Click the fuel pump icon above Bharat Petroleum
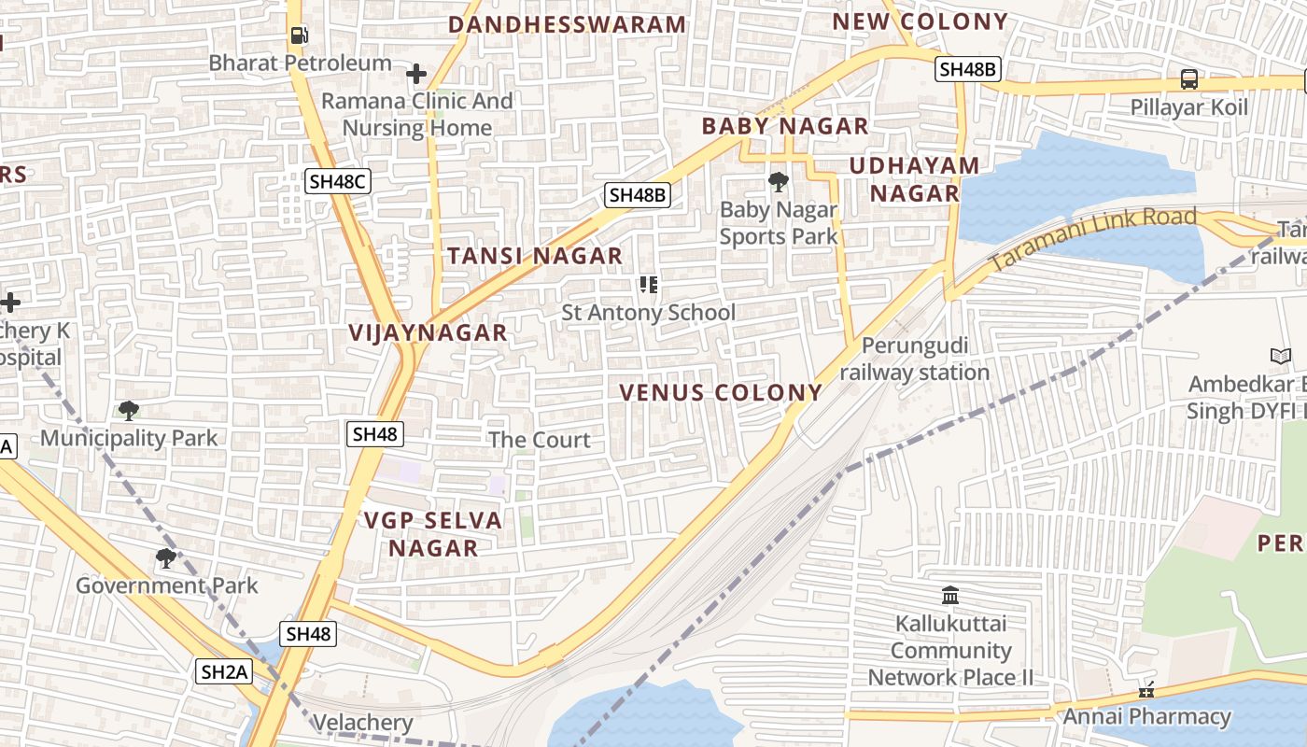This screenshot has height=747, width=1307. (x=299, y=35)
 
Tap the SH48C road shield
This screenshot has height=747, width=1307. (x=338, y=181)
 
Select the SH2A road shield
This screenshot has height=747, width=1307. (x=225, y=670)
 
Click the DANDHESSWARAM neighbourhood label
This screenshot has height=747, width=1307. (x=568, y=24)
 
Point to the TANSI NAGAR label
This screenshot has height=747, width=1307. (x=534, y=256)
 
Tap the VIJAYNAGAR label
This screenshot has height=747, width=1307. (x=428, y=332)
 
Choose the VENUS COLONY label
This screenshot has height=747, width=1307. (x=721, y=393)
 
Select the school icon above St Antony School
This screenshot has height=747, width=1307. (x=649, y=285)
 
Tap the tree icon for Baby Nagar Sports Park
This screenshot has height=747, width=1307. (x=778, y=181)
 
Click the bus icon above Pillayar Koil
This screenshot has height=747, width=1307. (x=1189, y=79)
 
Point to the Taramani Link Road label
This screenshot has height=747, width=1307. (x=1092, y=239)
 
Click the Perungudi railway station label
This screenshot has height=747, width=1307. (x=914, y=359)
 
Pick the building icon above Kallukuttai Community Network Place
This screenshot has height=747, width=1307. (x=950, y=595)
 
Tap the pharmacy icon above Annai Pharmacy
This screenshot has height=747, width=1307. (x=1146, y=691)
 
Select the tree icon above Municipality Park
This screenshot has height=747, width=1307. (x=129, y=410)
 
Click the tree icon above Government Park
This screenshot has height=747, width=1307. (x=166, y=558)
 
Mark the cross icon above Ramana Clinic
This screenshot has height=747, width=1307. (x=416, y=73)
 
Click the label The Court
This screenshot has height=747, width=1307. (x=540, y=440)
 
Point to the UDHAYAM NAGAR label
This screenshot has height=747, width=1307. (x=915, y=179)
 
